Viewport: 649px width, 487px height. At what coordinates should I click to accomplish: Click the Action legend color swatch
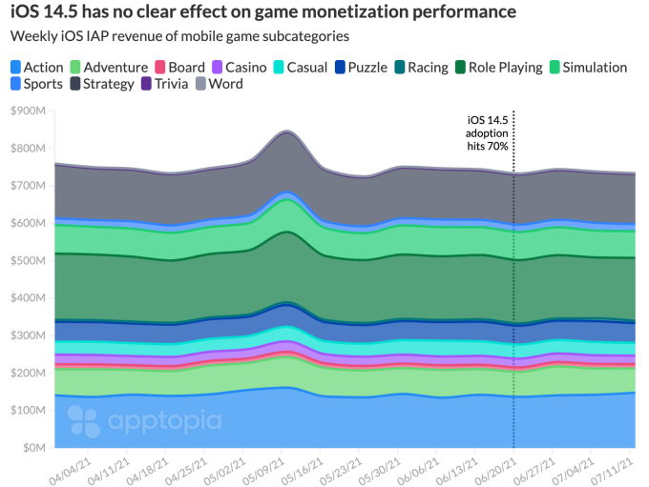click(15, 68)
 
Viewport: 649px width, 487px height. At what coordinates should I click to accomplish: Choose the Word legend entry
click(220, 84)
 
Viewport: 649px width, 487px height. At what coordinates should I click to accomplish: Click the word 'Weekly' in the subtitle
click(35, 36)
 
